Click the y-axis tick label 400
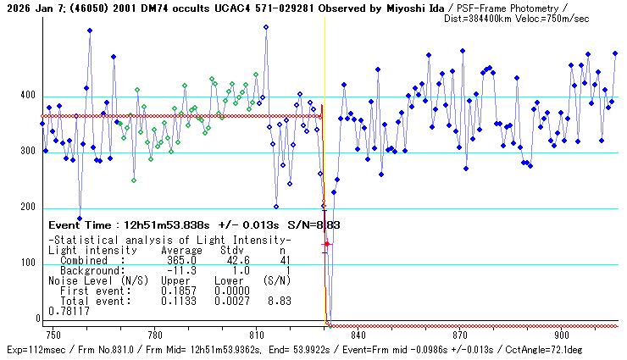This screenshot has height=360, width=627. click(29, 96)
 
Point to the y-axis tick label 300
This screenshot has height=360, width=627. click(29, 152)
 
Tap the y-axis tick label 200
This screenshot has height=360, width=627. click(29, 208)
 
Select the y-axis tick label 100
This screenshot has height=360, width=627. click(29, 263)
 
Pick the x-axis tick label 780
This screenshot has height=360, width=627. click(155, 335)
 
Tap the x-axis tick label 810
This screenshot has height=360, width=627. click(257, 335)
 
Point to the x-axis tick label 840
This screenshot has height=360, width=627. click(358, 335)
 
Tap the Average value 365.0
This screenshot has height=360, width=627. click(182, 260)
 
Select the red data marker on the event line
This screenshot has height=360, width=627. click(327, 244)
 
